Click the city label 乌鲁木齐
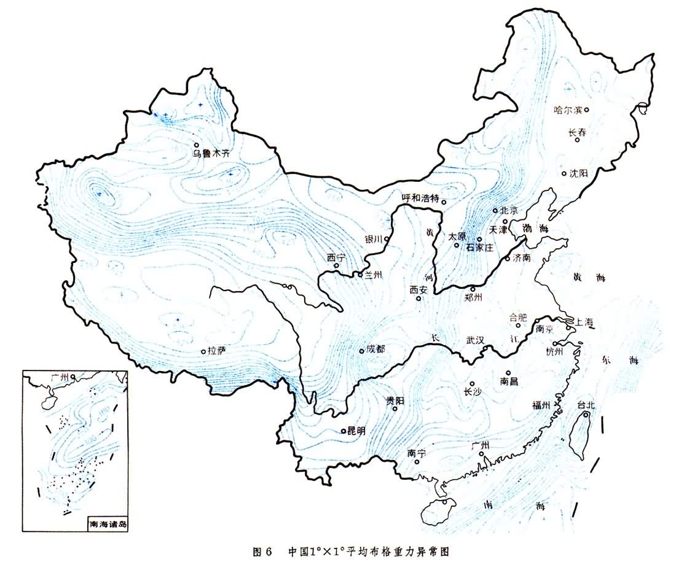(211, 154)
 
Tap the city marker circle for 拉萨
(203, 351)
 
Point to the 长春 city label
(578, 131)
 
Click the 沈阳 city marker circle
(564, 173)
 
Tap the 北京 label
(509, 210)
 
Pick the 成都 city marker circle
(361, 351)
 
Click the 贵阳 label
(395, 401)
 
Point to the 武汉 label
(476, 339)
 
